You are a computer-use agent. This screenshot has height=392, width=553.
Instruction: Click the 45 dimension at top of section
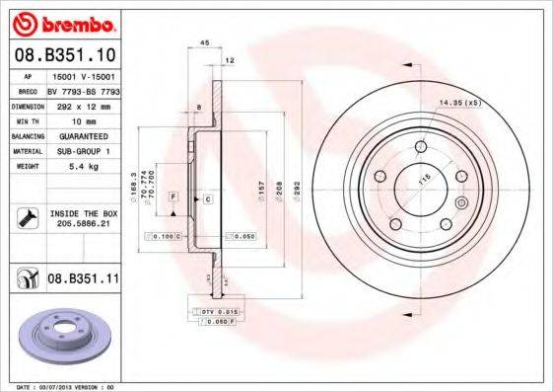(x=204, y=43)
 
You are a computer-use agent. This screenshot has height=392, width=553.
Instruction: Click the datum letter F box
(x=172, y=198)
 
